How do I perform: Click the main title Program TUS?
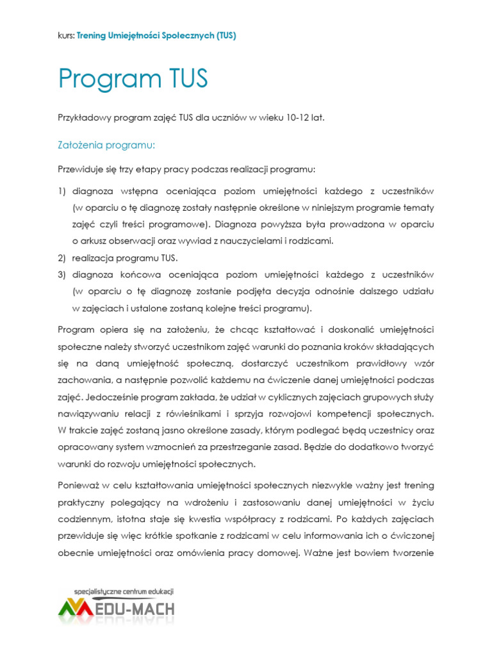[133, 79]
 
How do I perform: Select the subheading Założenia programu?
[107, 145]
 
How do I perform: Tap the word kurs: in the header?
[65, 36]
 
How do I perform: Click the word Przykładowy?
[83, 118]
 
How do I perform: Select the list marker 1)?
[62, 192]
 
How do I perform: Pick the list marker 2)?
[62, 258]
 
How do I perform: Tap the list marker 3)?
[62, 275]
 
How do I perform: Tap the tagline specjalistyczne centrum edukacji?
[124, 592]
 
